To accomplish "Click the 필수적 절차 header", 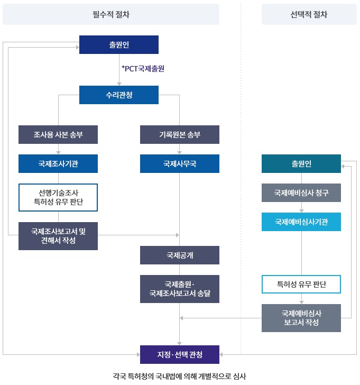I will [x=111, y=14].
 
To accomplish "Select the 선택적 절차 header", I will [x=309, y=14].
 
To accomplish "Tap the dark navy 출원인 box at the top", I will [x=119, y=44].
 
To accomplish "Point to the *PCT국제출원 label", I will [x=143, y=69].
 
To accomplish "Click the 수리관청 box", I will [x=119, y=95].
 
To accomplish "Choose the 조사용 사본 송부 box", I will [x=58, y=134].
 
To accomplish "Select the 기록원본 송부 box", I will [x=180, y=134].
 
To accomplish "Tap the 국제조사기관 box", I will [x=58, y=163].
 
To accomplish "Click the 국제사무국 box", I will [x=180, y=163].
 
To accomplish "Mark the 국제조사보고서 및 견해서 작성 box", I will [x=58, y=235].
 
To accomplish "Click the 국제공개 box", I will [x=180, y=255].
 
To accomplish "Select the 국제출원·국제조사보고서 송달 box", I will [x=180, y=289].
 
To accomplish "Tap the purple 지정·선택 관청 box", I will [x=180, y=354].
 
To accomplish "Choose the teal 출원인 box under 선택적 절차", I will [x=301, y=163].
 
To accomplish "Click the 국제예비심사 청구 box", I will [x=301, y=192].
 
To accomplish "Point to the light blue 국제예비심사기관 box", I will [x=301, y=222].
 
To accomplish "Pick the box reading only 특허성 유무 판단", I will [x=301, y=285].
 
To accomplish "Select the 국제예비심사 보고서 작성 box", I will [x=301, y=318].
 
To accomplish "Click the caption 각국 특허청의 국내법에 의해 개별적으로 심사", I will [x=180, y=377].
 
